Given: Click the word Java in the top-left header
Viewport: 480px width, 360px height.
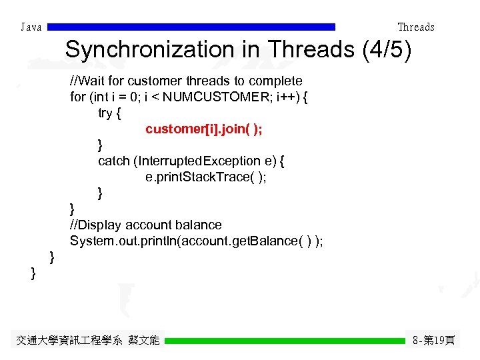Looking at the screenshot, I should [x=31, y=27].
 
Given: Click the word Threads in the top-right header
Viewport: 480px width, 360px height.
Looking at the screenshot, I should [x=415, y=27].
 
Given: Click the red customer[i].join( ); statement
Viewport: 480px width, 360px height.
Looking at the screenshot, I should [x=203, y=129].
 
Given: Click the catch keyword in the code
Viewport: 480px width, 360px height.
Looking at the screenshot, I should [x=114, y=161].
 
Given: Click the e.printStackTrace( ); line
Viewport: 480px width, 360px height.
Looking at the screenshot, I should [x=205, y=177].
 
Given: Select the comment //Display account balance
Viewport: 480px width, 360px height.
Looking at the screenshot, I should [x=145, y=225].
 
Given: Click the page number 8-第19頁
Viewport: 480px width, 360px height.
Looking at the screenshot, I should [x=434, y=341].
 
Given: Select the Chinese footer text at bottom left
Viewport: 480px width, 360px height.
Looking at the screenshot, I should [x=87, y=341].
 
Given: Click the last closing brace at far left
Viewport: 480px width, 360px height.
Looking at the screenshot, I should [x=33, y=273].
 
